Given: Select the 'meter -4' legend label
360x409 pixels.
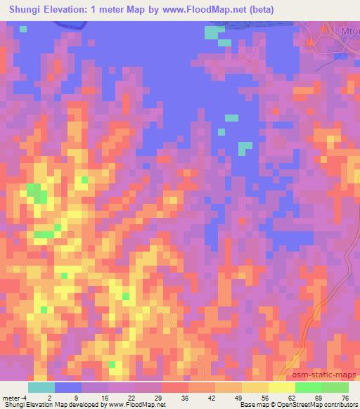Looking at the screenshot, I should click(x=15, y=397).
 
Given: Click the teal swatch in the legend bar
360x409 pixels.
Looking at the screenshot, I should click(x=41, y=387).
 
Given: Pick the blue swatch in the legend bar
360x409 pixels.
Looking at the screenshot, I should click(x=68, y=387).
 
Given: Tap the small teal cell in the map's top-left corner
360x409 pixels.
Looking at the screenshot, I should click(x=23, y=29).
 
